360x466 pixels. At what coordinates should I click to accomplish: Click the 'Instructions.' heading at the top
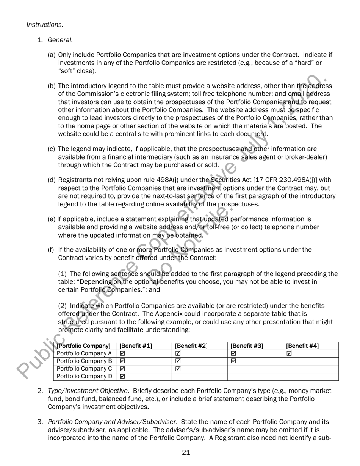click(45, 25)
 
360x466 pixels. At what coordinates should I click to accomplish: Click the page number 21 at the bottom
click(186, 452)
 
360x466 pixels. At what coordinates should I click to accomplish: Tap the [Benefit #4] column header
click(302, 346)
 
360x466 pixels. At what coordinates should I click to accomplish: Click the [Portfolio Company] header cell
click(83, 346)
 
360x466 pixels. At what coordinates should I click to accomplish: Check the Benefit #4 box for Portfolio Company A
click(289, 353)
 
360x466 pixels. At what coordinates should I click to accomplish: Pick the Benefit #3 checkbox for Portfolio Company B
click(233, 361)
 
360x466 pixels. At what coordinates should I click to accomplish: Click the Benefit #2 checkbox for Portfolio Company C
click(178, 369)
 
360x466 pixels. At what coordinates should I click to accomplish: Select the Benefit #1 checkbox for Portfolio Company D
click(122, 377)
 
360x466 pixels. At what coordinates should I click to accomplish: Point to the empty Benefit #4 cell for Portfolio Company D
click(310, 377)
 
